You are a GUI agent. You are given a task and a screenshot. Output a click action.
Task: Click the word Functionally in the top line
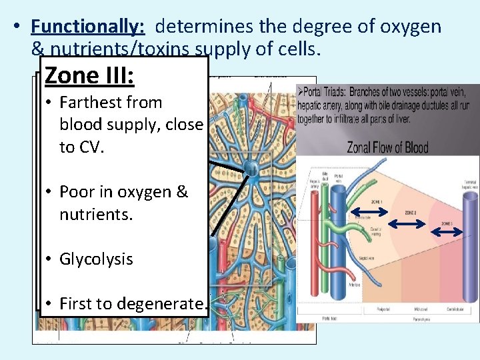pyautogui.click(x=87, y=27)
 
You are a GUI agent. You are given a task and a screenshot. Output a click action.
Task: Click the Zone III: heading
pyautogui.click(x=89, y=75)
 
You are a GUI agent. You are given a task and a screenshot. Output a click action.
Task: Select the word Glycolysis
pyautogui.click(x=96, y=259)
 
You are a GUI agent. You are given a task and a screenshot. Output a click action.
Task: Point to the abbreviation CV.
pyautogui.click(x=90, y=147)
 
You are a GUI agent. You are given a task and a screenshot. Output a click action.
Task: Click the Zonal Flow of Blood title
pyautogui.click(x=387, y=147)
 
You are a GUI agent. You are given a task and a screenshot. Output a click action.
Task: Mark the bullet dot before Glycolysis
pyautogui.click(x=50, y=259)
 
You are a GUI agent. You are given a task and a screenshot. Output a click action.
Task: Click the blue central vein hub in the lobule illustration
pyautogui.click(x=252, y=168)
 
